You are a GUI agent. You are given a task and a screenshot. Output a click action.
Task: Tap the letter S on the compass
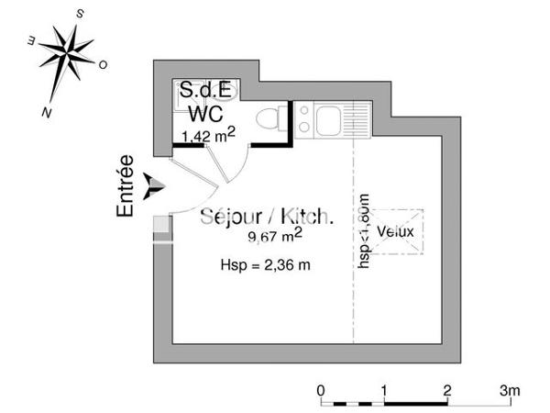pos(81,15)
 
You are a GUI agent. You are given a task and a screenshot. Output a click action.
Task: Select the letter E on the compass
pos(30,40)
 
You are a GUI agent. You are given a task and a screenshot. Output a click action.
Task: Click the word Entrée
pos(126,185)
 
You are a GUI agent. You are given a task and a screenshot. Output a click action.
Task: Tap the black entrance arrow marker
pos(156,185)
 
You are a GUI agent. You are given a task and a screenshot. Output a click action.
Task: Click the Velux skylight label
pos(396,231)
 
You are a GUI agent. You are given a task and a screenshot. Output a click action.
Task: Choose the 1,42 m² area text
pos(209,137)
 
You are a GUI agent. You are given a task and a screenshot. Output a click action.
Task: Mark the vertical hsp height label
pos(364,229)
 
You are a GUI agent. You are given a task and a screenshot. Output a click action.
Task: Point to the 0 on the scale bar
pos(321,390)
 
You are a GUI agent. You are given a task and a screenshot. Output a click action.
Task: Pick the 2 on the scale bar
pos(446,390)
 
